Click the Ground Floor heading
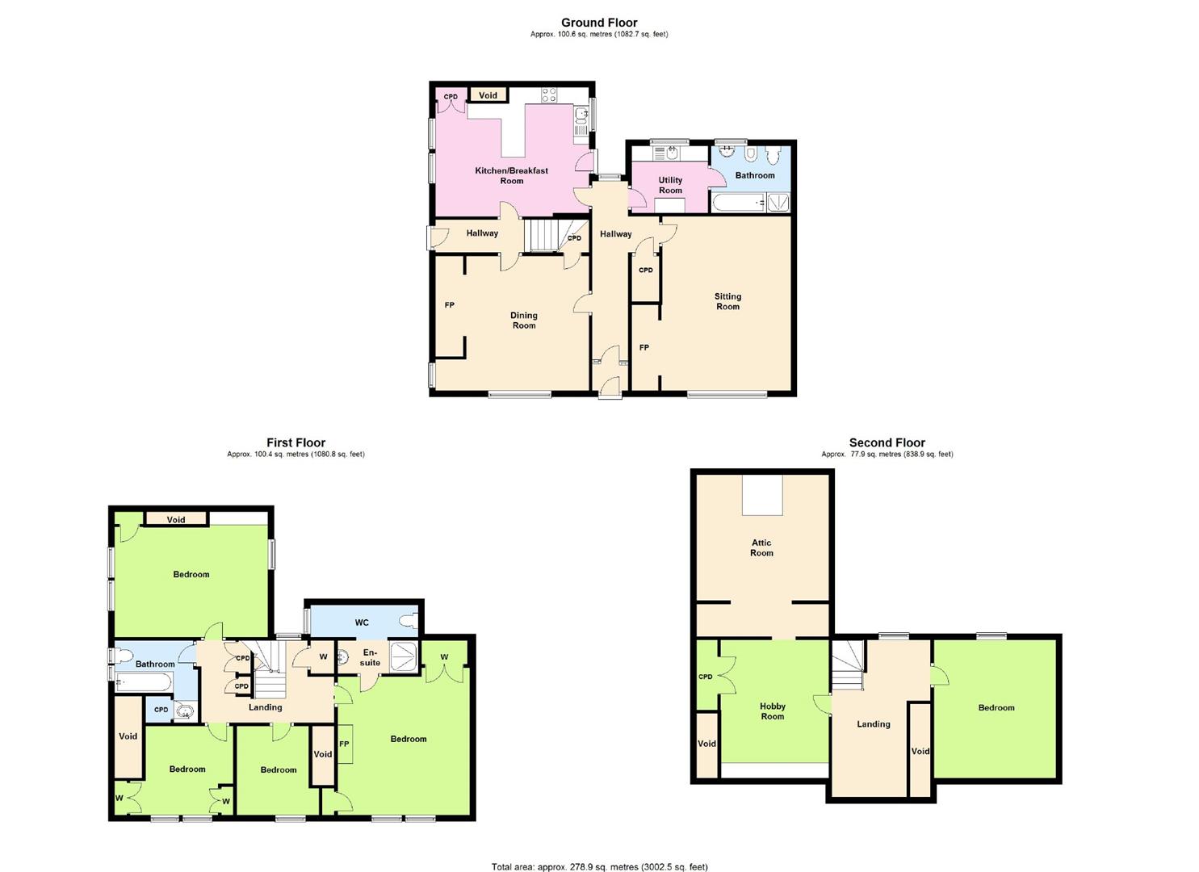click(599, 23)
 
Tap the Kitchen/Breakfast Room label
click(511, 176)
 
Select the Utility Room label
click(670, 186)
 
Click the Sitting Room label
click(727, 301)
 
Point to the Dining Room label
click(524, 321)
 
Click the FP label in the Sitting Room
click(644, 348)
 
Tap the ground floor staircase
click(541, 235)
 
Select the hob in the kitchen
click(549, 94)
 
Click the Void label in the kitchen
click(488, 95)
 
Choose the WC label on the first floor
click(362, 623)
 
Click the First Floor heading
click(296, 442)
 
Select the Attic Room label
click(761, 548)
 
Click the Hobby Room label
click(773, 711)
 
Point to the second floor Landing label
click(874, 724)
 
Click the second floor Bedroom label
click(996, 708)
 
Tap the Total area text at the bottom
click(599, 866)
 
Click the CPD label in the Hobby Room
click(706, 677)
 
